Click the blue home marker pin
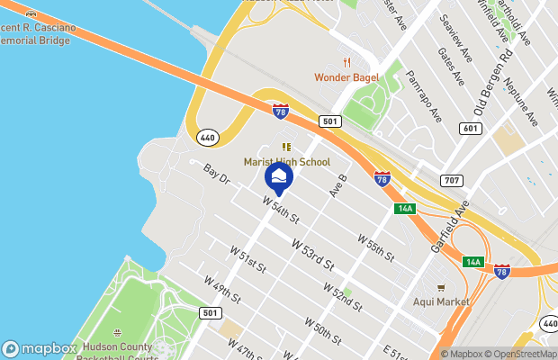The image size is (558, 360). (278, 178)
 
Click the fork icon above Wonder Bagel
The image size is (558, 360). (346, 61)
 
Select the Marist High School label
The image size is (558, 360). (287, 162)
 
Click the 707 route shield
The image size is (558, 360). (452, 181)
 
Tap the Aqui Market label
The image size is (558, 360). (441, 301)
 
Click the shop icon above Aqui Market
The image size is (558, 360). (441, 287)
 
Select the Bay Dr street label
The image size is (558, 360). (217, 175)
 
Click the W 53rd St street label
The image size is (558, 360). (312, 255)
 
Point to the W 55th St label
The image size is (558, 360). (376, 248)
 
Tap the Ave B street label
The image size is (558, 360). (337, 185)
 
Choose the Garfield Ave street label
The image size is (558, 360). (449, 229)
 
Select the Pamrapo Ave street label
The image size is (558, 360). (424, 96)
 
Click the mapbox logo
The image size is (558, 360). (40, 348)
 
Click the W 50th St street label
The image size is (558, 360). (322, 332)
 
